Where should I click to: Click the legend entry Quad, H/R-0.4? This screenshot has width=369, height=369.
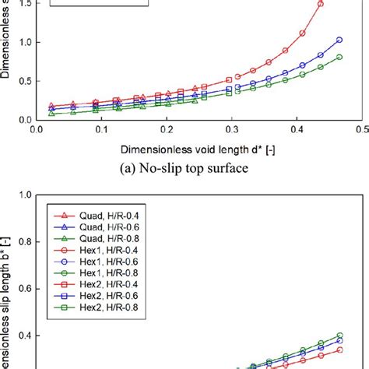84,216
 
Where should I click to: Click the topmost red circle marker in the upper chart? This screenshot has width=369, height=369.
321,4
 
